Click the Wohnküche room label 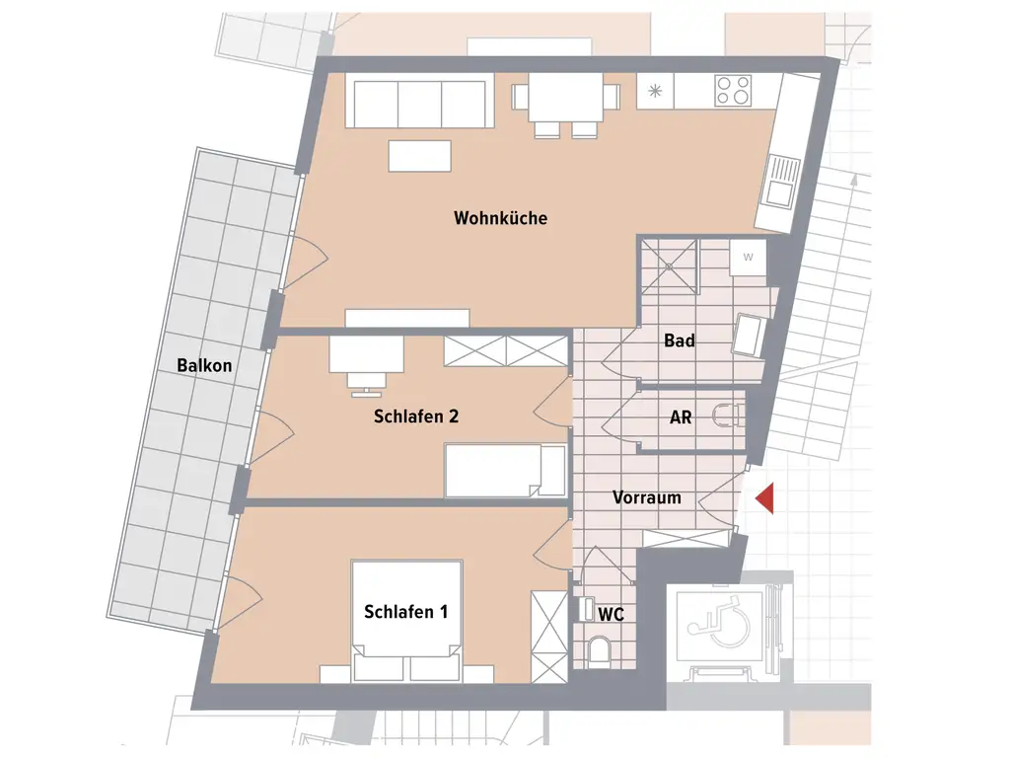point(500,218)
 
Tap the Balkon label point(204,365)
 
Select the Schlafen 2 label point(416,417)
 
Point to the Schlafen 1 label point(405,612)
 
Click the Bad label point(679,341)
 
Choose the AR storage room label point(681,417)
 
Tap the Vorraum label point(646,497)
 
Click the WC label point(612,614)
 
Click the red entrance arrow point(764,499)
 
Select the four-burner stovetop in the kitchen point(733,91)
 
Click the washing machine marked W point(747,259)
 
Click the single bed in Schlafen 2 point(504,470)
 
